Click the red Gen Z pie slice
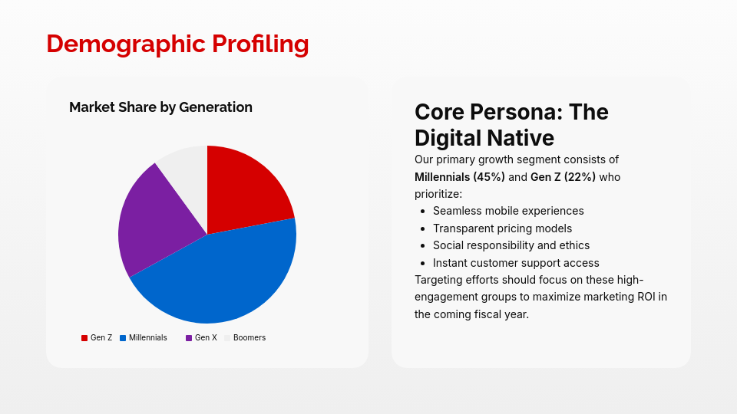pos(244,192)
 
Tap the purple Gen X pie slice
pos(154,222)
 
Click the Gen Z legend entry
pos(97,337)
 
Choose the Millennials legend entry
pos(144,337)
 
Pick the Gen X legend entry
pos(202,337)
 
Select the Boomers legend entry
pos(245,337)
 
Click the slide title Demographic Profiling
pos(177,44)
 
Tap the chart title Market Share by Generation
pos(160,107)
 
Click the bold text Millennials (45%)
pos(459,177)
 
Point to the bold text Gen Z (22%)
pos(563,177)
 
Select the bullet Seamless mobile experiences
pos(508,211)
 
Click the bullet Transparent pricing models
pos(502,228)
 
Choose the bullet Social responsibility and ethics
pos(511,245)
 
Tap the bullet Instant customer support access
pos(516,263)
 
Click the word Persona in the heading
pos(514,112)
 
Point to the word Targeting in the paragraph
pos(440,279)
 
